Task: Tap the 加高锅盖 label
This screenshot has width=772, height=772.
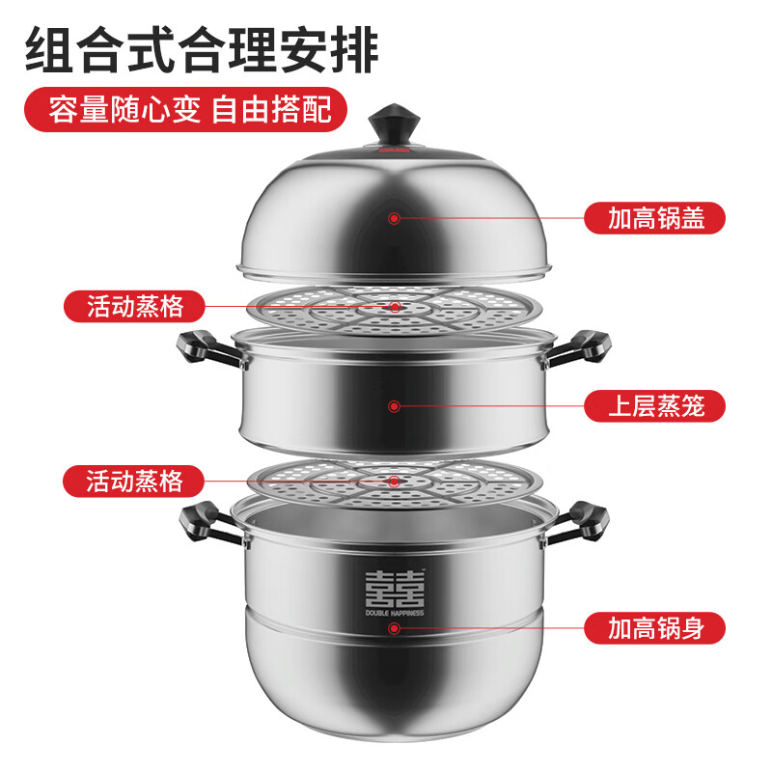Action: [654, 218]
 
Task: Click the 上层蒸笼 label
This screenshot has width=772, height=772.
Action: [654, 405]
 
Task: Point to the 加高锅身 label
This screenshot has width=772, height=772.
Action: [654, 628]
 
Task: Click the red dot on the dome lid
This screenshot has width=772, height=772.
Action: [394, 219]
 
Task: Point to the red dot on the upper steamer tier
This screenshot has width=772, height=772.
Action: [394, 405]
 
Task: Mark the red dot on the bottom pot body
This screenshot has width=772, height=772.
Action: [394, 628]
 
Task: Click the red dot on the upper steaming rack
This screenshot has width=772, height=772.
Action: [394, 307]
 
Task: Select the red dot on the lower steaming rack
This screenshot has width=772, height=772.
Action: [394, 480]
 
